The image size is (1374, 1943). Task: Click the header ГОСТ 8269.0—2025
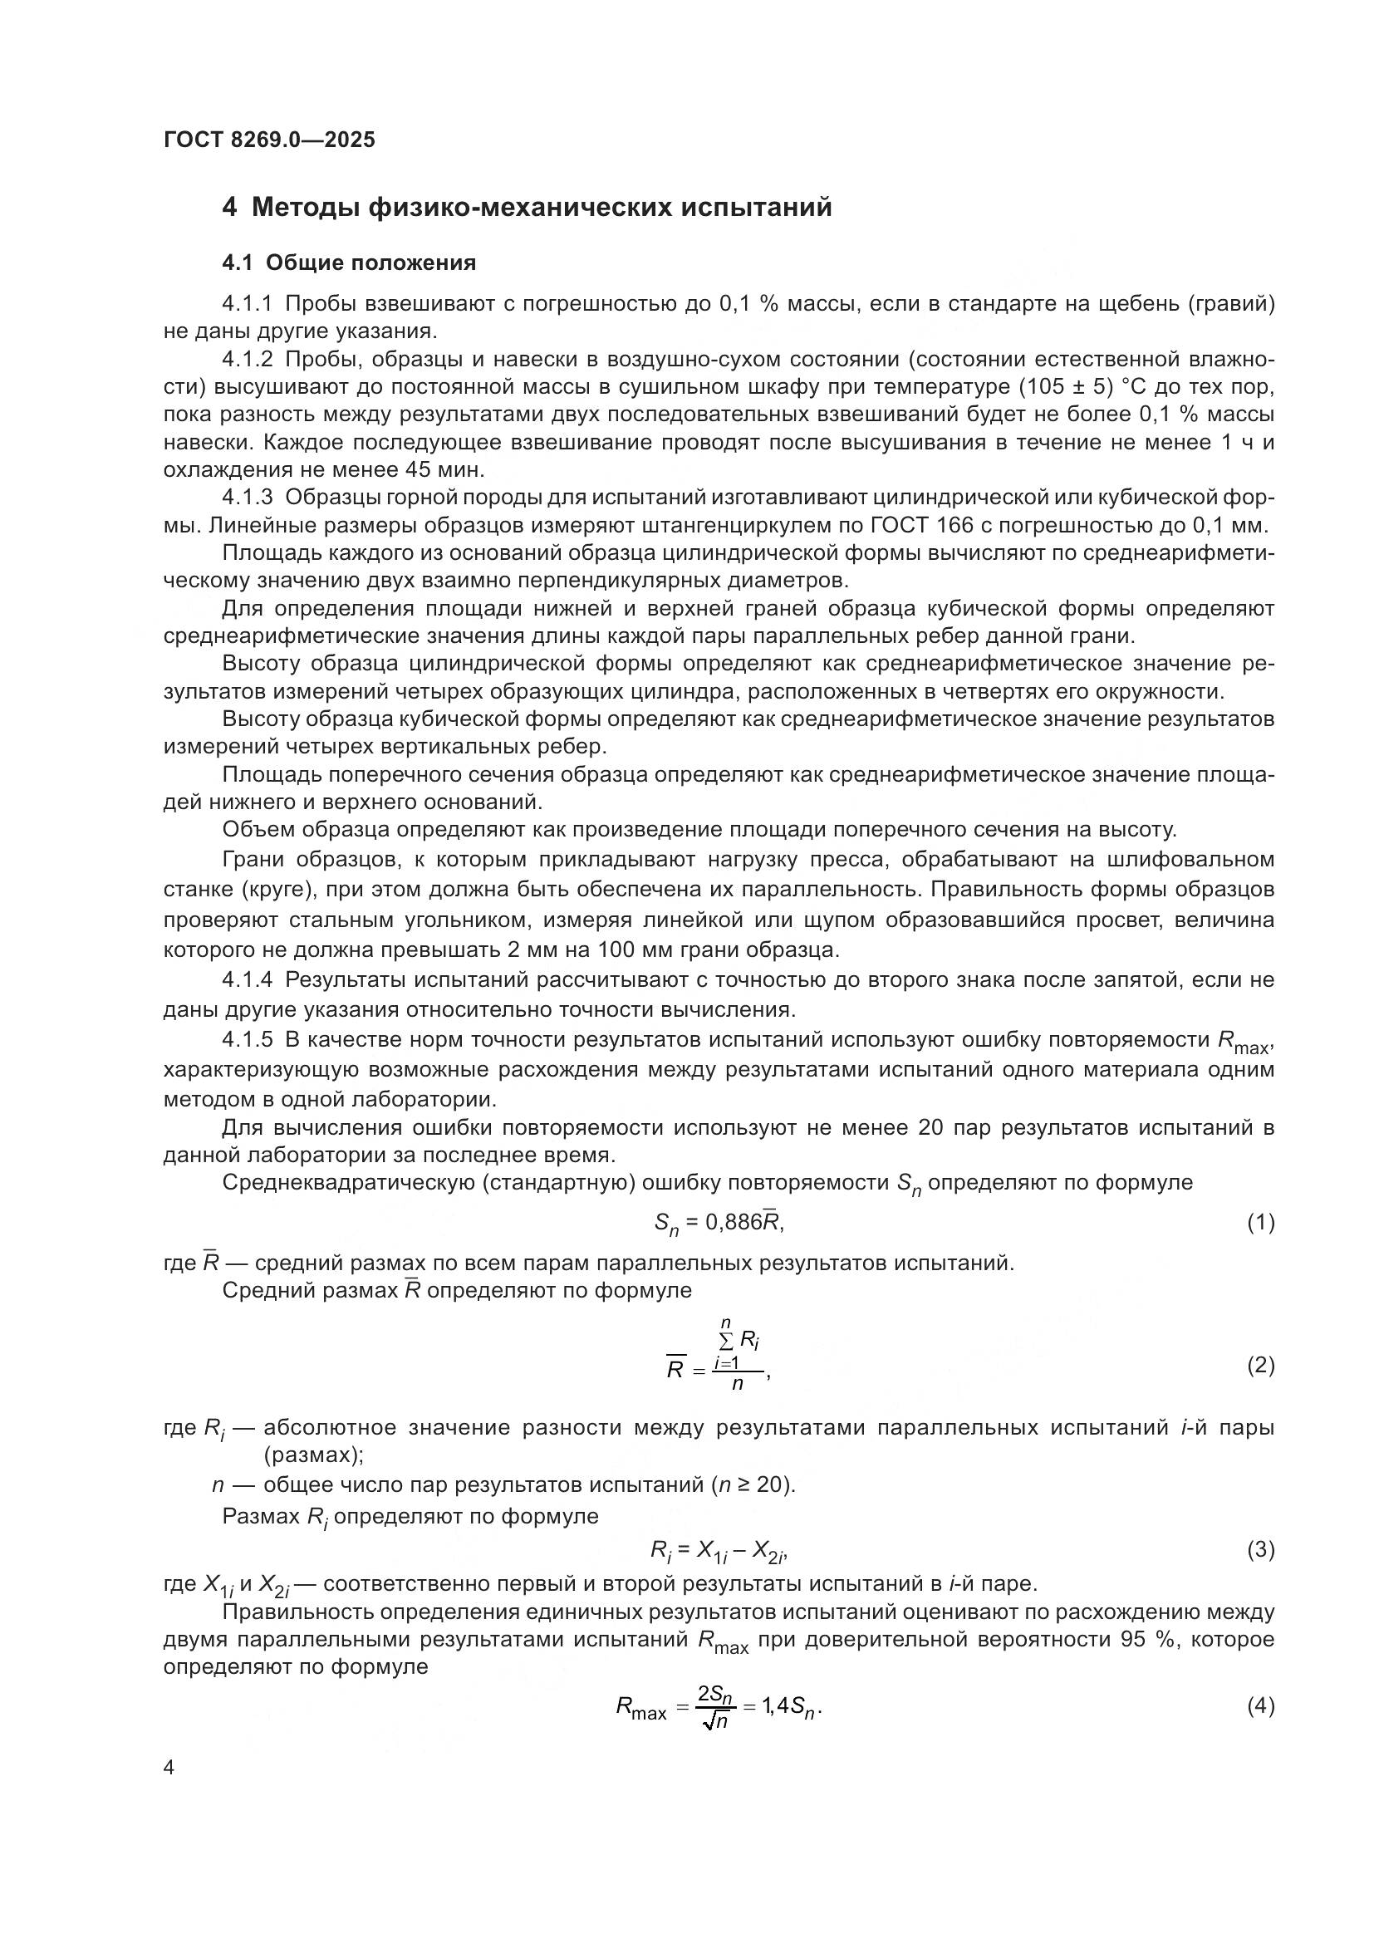(269, 140)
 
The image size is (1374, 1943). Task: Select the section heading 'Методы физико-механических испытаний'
(542, 208)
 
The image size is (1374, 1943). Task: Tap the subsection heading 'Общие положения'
(370, 263)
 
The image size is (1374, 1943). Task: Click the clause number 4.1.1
(247, 304)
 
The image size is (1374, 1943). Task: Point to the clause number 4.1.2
(247, 360)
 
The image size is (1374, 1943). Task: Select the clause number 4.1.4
(247, 980)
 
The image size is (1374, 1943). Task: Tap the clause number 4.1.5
(247, 1040)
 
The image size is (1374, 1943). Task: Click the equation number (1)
(1261, 1222)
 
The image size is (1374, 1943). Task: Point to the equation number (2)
(1261, 1365)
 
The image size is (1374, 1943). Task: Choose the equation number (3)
(1261, 1549)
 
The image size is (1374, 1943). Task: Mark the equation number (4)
(1261, 1706)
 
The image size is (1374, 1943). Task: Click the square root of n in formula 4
(715, 1720)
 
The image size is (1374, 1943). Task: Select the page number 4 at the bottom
(169, 1768)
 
